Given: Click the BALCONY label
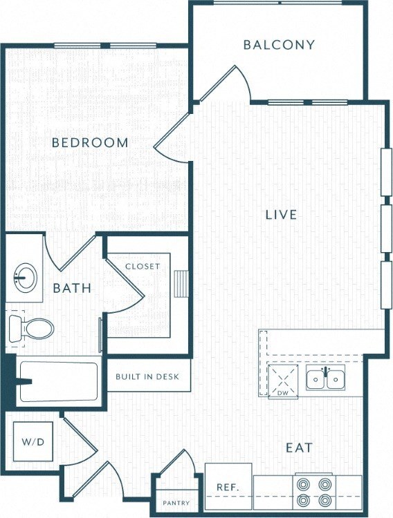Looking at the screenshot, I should [x=279, y=45].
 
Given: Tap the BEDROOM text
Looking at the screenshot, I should [x=91, y=143].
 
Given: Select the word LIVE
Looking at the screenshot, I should [x=281, y=215].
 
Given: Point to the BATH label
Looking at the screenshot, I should [x=72, y=287].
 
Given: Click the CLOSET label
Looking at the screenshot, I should [x=143, y=266].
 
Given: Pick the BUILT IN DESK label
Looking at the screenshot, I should [x=148, y=376].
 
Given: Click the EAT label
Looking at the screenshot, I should [x=299, y=448].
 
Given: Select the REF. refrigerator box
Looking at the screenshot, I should [x=228, y=487].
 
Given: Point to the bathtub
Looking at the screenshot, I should [x=59, y=382].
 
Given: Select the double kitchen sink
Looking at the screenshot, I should [x=325, y=379].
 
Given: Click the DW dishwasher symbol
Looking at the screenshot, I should [x=282, y=381].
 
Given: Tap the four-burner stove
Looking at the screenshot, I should [x=314, y=492].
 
